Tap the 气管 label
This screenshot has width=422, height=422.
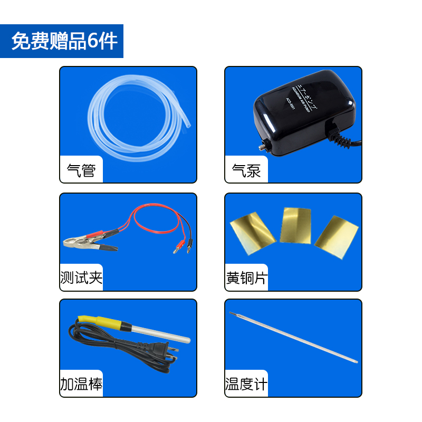(81, 170)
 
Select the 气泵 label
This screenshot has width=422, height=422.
(246, 170)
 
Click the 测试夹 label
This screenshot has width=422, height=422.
(81, 278)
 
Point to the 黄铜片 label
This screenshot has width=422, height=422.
(246, 278)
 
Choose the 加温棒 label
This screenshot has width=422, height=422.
(81, 384)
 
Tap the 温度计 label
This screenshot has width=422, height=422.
(246, 384)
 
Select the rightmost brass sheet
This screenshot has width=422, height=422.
(337, 233)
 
